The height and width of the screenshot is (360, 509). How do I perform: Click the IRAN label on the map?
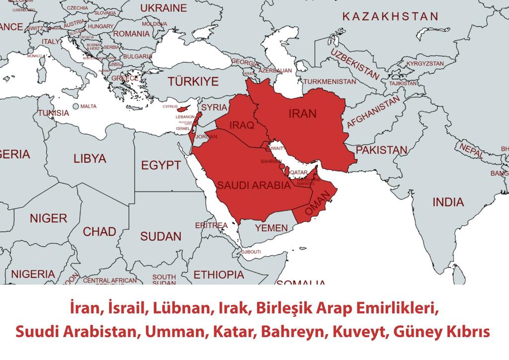pos(302,114)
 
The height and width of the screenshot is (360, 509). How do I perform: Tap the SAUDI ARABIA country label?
pos(254,186)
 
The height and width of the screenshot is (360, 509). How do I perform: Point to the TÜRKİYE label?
pos(193,82)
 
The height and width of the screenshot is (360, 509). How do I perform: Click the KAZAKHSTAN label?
pos(390,16)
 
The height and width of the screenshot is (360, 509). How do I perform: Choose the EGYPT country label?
pos(161,165)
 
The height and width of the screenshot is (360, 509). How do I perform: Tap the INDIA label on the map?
pos(448,202)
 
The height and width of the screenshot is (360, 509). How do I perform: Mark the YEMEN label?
pos(271,228)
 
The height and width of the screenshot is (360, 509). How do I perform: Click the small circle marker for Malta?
pos(75,106)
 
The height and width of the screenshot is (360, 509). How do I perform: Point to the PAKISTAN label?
pos(382,150)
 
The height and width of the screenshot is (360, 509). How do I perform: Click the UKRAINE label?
pos(164,8)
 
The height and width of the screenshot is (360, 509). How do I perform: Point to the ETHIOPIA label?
pos(219,274)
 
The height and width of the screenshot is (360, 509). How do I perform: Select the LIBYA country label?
pos(90,159)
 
